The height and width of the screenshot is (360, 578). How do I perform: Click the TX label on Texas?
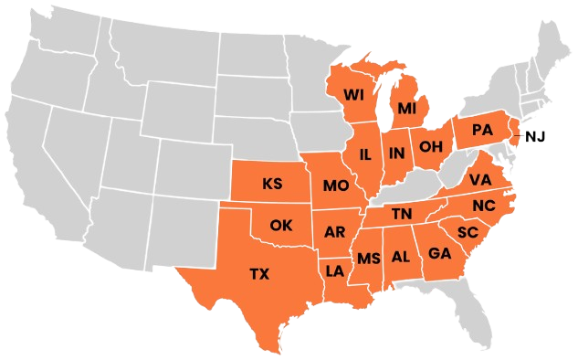point(260,272)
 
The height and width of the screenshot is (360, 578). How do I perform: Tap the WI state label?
point(354,94)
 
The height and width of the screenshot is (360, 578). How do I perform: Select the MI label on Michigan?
point(406,109)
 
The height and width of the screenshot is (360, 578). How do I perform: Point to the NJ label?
point(535,137)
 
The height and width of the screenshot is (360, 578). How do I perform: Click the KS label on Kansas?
point(272,184)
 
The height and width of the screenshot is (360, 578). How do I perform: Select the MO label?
point(335,186)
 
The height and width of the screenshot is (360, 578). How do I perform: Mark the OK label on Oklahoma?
point(280,225)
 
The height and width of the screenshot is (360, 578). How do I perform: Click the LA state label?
point(335,270)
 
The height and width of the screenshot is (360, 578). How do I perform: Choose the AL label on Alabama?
point(401,257)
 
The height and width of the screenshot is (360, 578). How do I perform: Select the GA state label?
point(439,253)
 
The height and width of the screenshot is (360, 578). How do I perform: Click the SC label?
point(468,232)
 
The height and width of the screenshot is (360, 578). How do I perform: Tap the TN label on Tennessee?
point(402,214)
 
